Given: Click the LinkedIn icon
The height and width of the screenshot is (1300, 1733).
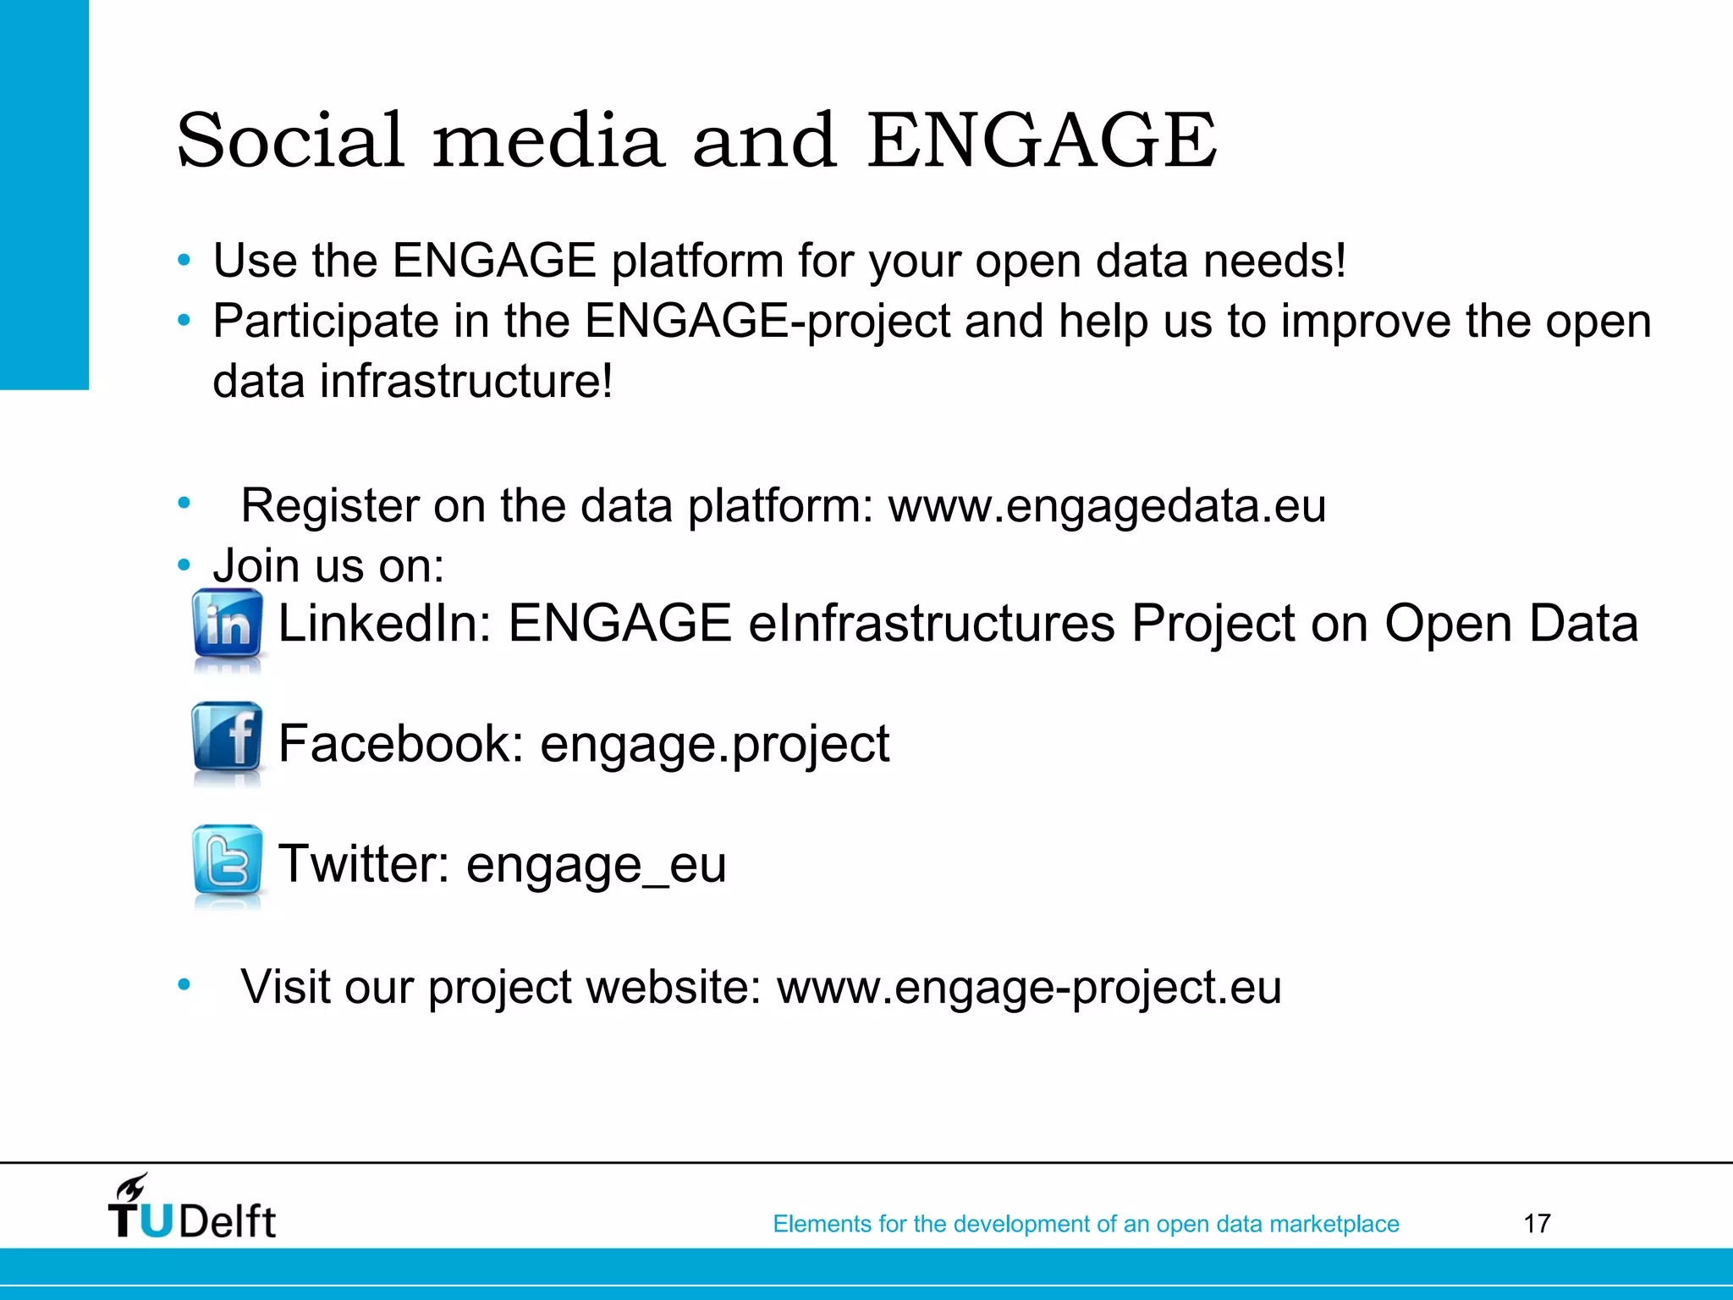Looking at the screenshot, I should click(x=227, y=624).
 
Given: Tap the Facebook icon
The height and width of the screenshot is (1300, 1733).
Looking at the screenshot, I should click(x=227, y=736).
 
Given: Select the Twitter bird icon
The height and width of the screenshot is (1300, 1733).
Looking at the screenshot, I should click(x=227, y=860).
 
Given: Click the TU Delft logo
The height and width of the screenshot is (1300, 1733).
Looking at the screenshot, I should click(x=191, y=1209).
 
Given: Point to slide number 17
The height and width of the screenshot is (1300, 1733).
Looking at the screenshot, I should click(x=1537, y=1223).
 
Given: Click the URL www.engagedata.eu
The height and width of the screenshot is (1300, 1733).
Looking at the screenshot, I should click(x=1107, y=505).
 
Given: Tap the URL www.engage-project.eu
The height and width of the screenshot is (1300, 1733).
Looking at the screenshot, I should click(x=1029, y=987).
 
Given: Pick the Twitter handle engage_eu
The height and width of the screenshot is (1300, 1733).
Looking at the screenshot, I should click(x=596, y=864).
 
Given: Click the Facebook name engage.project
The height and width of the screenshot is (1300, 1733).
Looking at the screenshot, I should click(x=714, y=744).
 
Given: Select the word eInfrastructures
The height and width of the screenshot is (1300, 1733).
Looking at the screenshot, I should click(x=932, y=624).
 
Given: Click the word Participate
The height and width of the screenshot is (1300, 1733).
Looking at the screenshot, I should click(x=325, y=322).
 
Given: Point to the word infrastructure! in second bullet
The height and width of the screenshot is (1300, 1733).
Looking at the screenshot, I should click(x=465, y=381).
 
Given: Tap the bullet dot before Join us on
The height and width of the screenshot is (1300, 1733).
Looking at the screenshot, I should click(x=184, y=565).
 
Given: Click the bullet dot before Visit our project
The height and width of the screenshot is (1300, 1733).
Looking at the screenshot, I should click(x=184, y=984).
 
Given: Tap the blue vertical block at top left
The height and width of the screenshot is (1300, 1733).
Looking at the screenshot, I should click(x=44, y=195).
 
